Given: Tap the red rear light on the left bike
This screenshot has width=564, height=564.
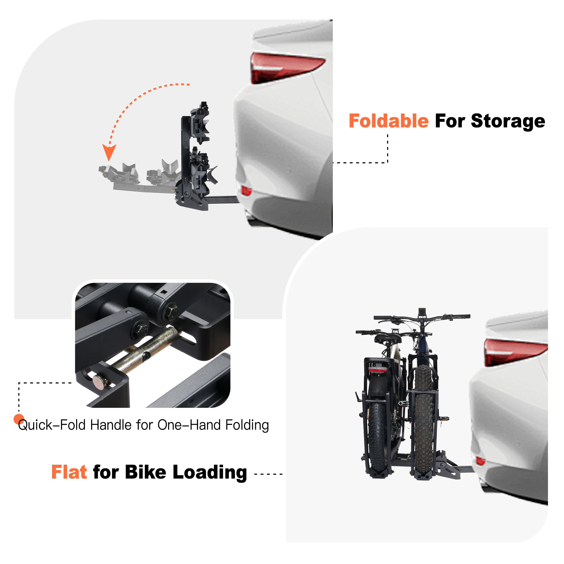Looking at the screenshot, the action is [377, 370].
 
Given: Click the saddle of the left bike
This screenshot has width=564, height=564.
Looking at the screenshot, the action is [388, 338].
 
